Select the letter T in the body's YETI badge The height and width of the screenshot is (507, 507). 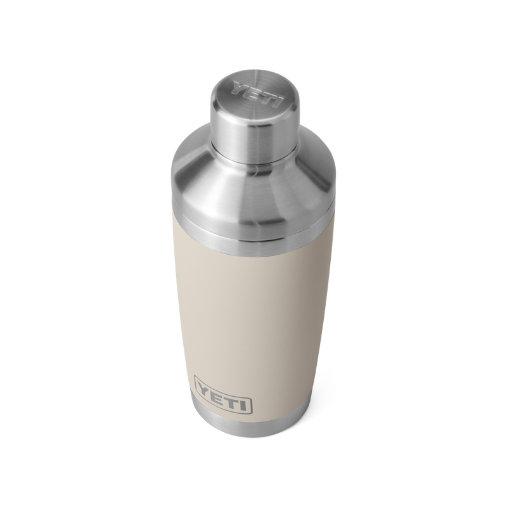[232, 387]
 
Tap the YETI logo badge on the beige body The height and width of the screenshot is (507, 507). [224, 387]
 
